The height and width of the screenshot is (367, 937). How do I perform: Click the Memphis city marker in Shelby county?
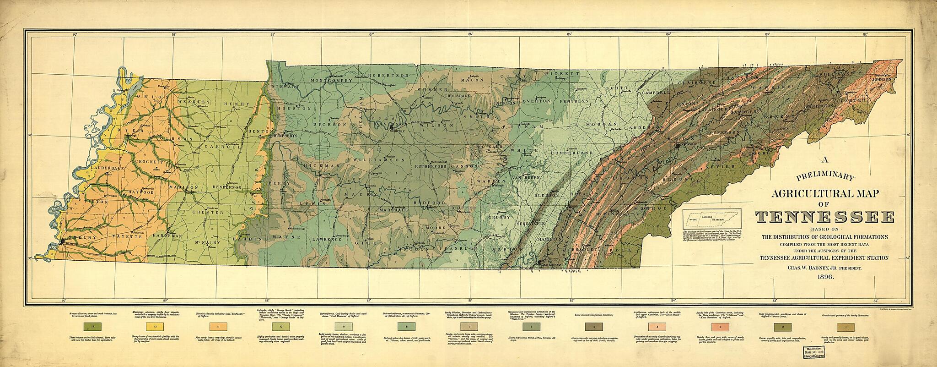62,241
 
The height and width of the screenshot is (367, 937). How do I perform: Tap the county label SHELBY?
82,237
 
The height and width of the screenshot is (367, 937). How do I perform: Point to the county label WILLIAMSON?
378,159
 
